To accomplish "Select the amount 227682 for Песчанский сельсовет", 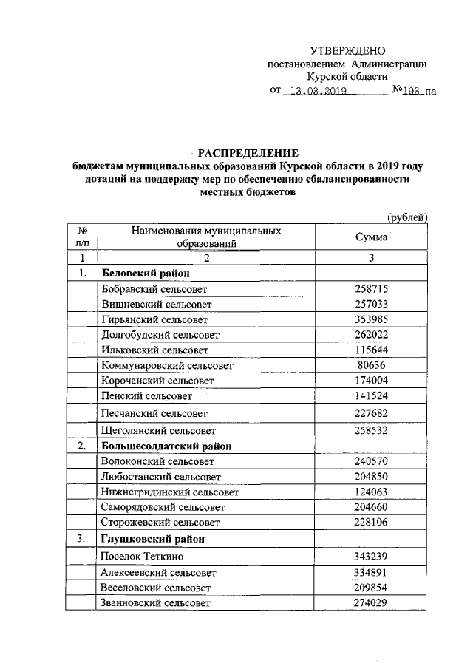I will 372,412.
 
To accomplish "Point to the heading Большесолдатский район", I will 166,446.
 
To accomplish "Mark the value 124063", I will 372,492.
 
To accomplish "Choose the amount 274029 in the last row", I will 372,604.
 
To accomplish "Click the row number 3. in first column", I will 81,539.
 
